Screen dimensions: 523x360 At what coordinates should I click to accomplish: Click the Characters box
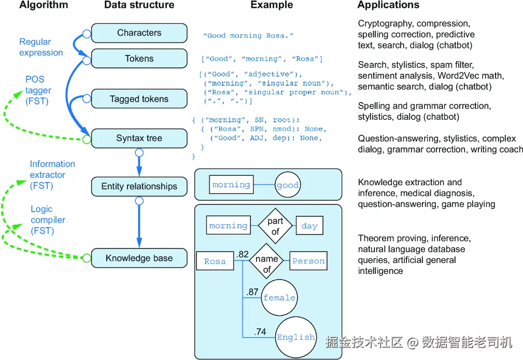pyautogui.click(x=139, y=33)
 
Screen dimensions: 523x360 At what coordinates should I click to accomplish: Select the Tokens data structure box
pyautogui.click(x=139, y=59)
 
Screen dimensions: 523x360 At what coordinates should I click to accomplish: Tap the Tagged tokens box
pyautogui.click(x=139, y=99)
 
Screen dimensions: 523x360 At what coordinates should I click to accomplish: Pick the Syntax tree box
pyautogui.click(x=139, y=139)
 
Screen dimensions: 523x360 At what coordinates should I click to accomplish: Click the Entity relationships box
pyautogui.click(x=139, y=186)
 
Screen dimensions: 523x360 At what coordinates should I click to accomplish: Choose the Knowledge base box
pyautogui.click(x=139, y=258)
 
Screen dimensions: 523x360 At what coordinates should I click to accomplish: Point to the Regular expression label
pyautogui.click(x=41, y=47)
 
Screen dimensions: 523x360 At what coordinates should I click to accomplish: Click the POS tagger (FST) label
pyautogui.click(x=38, y=90)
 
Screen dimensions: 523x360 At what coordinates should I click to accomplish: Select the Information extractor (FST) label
pyautogui.click(x=52, y=175)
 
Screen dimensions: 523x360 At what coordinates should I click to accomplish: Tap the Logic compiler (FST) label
pyautogui.click(x=48, y=220)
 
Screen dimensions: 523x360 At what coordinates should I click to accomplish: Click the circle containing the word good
pyautogui.click(x=288, y=185)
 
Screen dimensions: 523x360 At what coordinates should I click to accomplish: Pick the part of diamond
pyautogui.click(x=275, y=226)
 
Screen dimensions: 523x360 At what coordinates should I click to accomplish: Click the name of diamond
pyautogui.click(x=266, y=261)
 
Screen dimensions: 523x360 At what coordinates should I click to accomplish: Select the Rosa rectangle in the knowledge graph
pyautogui.click(x=215, y=261)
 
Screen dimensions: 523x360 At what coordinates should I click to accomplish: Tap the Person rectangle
pyautogui.click(x=308, y=261)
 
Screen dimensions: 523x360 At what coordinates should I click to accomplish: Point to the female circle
pyautogui.click(x=279, y=298)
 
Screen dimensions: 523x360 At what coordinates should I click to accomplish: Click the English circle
pyautogui.click(x=296, y=337)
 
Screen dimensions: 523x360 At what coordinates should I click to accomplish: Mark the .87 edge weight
pyautogui.click(x=252, y=292)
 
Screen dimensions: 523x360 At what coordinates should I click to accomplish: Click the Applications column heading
pyautogui.click(x=388, y=5)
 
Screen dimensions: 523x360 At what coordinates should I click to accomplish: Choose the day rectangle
pyautogui.click(x=309, y=226)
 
